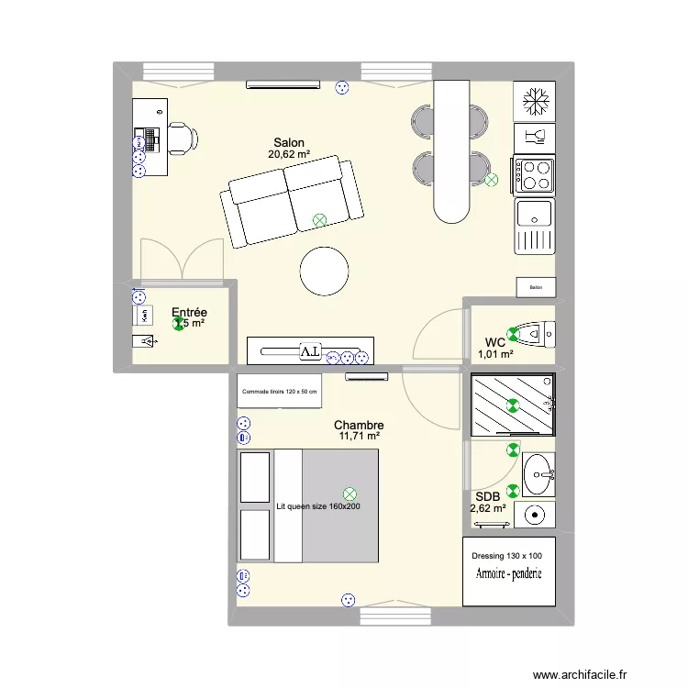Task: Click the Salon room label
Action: pyautogui.click(x=289, y=142)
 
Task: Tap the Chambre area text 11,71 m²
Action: pyautogui.click(x=359, y=438)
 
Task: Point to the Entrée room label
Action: pyautogui.click(x=189, y=312)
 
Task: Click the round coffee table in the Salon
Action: pyautogui.click(x=324, y=271)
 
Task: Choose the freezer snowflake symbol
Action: pyautogui.click(x=534, y=101)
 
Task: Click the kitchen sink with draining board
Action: pyautogui.click(x=534, y=227)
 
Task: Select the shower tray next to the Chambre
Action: pyautogui.click(x=512, y=404)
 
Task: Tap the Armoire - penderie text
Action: pyautogui.click(x=508, y=574)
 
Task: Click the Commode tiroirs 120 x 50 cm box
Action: pyautogui.click(x=280, y=391)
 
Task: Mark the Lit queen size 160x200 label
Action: pyautogui.click(x=318, y=505)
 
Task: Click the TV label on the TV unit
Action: pyautogui.click(x=310, y=351)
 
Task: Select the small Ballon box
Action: pyautogui.click(x=536, y=287)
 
